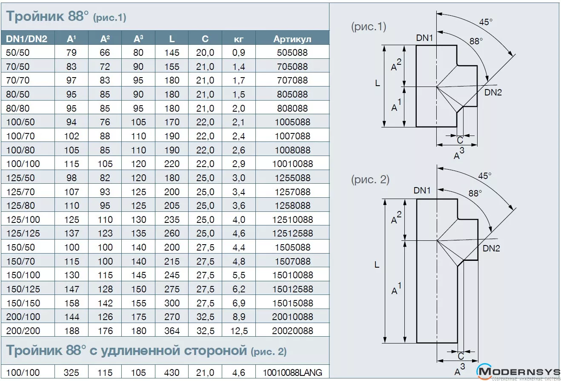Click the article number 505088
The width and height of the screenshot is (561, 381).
pyautogui.click(x=292, y=52)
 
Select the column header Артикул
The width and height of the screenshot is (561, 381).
pyautogui.click(x=292, y=39)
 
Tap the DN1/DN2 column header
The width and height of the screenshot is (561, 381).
pyautogui.click(x=26, y=39)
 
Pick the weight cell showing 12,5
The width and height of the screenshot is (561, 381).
pyautogui.click(x=239, y=331)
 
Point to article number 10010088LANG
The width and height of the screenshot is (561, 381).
pyautogui.click(x=292, y=372)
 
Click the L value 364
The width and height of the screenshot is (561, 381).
pyautogui.click(x=172, y=331)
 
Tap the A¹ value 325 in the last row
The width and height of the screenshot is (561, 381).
pyautogui.click(x=72, y=372)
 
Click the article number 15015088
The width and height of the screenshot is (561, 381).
pyautogui.click(x=292, y=303)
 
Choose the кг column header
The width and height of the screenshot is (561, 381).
pyautogui.click(x=239, y=39)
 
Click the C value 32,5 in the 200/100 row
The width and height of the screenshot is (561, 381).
pyautogui.click(x=205, y=317)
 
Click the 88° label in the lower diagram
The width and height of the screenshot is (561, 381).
pyautogui.click(x=475, y=193)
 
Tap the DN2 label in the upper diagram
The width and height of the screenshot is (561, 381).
pyautogui.click(x=493, y=92)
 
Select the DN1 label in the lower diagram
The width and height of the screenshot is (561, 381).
pyautogui.click(x=423, y=190)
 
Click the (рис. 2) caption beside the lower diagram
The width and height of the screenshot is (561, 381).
pyautogui.click(x=370, y=180)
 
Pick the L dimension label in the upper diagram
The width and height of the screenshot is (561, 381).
pyautogui.click(x=377, y=84)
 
